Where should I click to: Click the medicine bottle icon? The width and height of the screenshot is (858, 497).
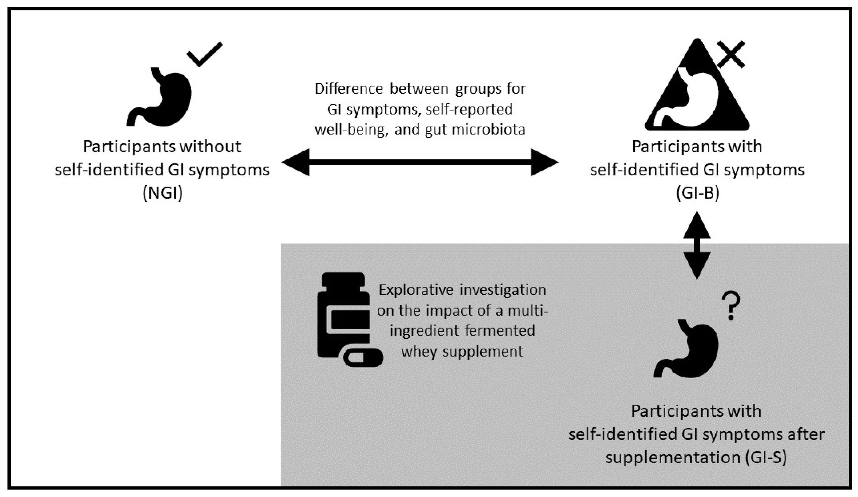point(343,315)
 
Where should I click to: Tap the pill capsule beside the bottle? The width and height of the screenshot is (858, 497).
point(363,358)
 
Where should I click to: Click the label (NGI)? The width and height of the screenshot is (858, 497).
point(163,193)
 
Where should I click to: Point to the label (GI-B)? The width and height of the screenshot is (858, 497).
point(697,193)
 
